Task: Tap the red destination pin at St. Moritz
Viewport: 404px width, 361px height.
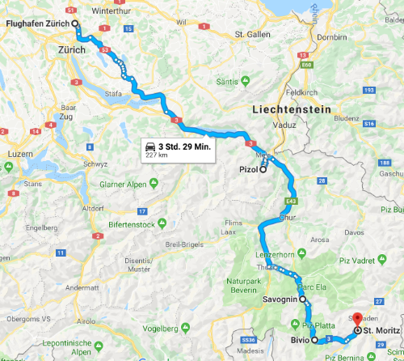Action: [358, 321]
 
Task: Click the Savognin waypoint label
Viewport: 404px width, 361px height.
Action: [280, 299]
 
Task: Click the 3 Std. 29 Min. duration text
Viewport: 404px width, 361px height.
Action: [186, 146]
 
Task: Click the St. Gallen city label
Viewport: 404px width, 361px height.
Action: [250, 35]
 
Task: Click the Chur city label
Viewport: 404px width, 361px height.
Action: [280, 217]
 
